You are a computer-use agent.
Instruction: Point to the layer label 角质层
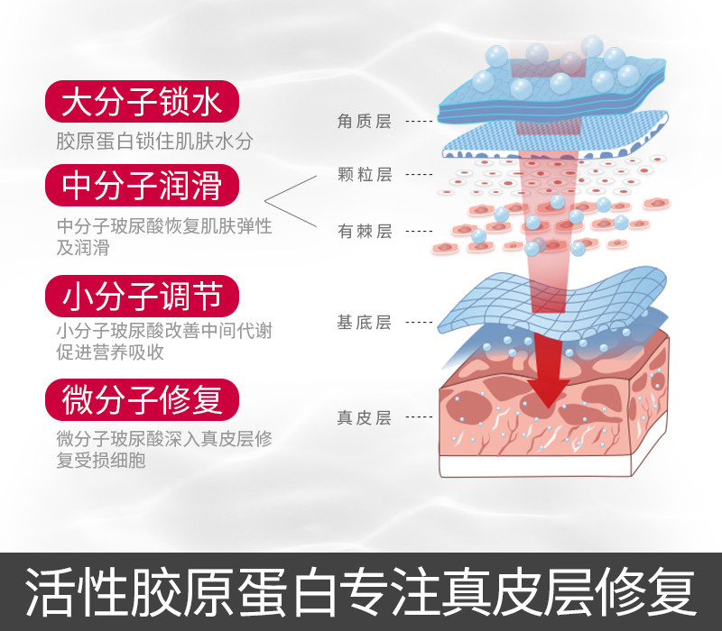(x=364, y=121)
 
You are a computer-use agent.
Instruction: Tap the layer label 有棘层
(x=364, y=232)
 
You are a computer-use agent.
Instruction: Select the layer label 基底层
(x=364, y=323)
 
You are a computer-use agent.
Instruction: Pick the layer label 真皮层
(x=364, y=417)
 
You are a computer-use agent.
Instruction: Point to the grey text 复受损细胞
(x=100, y=461)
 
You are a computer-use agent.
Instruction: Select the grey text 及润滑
(x=78, y=247)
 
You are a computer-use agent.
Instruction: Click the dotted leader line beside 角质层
(x=418, y=121)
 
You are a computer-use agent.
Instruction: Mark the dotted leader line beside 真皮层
(x=418, y=417)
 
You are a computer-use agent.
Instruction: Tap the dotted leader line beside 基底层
(x=418, y=323)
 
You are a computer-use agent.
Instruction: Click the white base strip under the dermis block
(x=541, y=466)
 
